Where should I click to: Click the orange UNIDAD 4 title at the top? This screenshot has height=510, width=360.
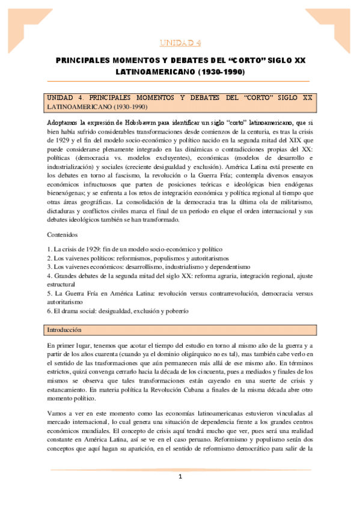[180, 43]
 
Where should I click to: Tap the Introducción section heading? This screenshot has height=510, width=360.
[64, 331]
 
